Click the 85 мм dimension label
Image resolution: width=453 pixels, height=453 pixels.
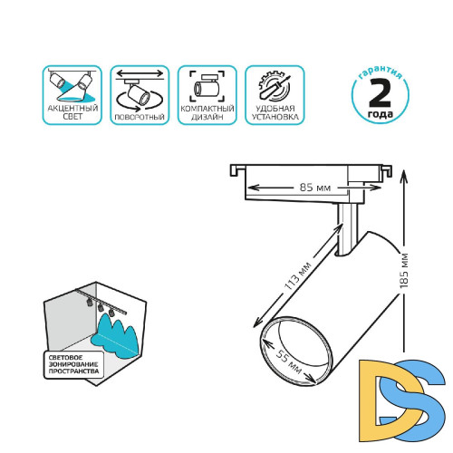point(315,188)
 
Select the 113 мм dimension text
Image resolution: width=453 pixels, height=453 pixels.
point(298,276)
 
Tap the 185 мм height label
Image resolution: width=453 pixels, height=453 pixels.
point(404,270)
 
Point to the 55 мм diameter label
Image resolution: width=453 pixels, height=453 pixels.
point(289,361)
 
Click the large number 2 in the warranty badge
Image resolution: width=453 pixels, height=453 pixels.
point(380,93)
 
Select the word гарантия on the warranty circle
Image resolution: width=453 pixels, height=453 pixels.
point(381,72)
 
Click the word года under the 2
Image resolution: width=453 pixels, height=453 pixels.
point(381,114)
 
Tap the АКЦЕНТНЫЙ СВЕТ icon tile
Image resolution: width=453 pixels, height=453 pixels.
point(72,95)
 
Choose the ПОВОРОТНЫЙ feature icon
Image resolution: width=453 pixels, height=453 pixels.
point(140,95)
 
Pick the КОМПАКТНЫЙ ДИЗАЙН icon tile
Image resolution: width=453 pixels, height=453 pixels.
point(207,95)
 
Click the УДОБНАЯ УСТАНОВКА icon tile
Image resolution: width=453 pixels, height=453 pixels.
point(275,95)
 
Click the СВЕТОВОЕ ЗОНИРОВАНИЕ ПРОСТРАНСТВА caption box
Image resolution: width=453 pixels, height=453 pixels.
point(74,364)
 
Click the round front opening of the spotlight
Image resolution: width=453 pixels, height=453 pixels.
point(296,351)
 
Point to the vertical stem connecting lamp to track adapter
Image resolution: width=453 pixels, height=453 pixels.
point(347,228)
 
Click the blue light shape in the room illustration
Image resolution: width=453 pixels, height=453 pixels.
point(116,336)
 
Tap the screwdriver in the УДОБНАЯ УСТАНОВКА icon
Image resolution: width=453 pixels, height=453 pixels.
point(275,88)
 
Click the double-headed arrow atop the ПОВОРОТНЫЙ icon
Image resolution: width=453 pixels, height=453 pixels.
point(140,73)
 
